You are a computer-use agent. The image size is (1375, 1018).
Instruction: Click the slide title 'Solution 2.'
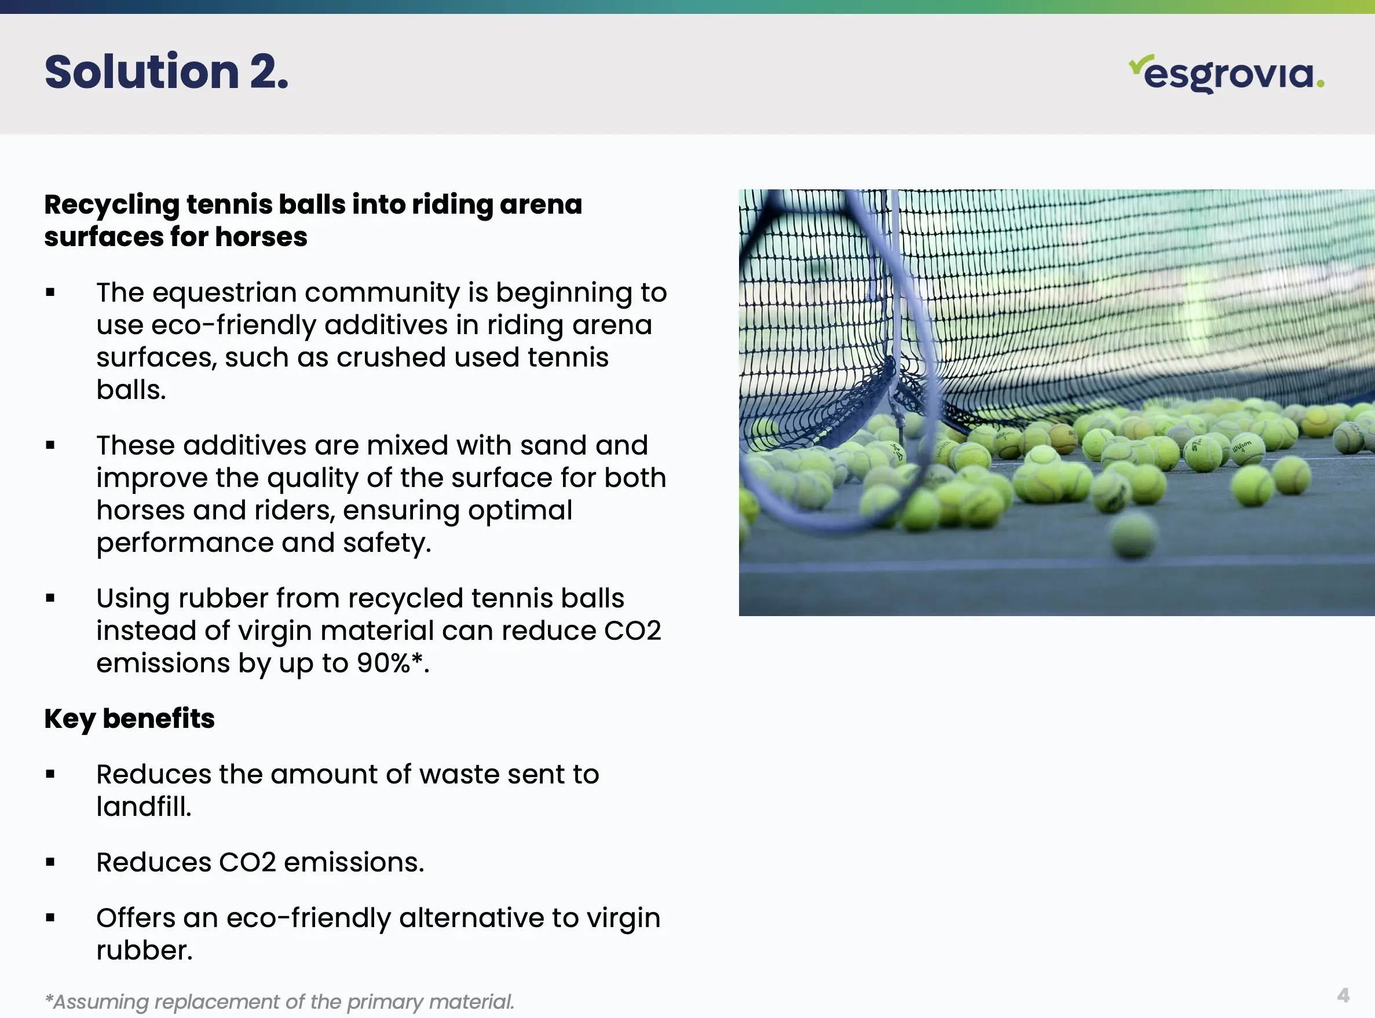[166, 72]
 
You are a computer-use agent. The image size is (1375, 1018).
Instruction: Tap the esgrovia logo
[1227, 74]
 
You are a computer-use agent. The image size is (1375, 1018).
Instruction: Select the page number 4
[1344, 995]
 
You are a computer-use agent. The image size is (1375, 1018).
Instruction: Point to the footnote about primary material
[279, 1002]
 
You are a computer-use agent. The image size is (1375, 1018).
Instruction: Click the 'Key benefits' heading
[129, 719]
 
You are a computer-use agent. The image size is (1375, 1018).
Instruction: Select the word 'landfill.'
[144, 807]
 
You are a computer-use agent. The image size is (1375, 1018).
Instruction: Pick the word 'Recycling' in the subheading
[112, 205]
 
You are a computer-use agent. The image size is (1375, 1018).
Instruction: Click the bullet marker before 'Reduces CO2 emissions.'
[50, 863]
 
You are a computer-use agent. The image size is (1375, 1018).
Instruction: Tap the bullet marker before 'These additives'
[50, 445]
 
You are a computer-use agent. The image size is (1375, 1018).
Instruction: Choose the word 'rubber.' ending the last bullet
[145, 950]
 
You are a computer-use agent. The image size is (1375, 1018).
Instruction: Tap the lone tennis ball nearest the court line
[1133, 536]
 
